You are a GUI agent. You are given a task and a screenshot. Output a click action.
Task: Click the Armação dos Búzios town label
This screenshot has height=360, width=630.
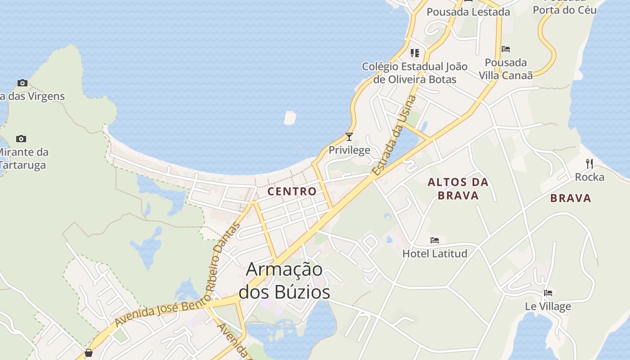[x=284, y=280]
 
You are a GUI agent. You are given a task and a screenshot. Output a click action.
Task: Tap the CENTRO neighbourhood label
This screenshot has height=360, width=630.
[x=292, y=191]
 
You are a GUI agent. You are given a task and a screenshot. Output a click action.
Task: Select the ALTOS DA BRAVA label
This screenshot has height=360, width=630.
[x=458, y=189]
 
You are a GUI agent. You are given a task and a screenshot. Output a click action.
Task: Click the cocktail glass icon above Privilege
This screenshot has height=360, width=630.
[x=349, y=136]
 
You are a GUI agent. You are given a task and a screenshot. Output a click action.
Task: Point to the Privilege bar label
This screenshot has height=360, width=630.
[x=349, y=150]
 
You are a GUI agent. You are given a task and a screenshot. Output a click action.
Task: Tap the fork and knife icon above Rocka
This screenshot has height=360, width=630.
[x=589, y=164]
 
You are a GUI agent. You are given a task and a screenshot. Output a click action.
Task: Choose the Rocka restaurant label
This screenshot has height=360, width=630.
[x=589, y=177]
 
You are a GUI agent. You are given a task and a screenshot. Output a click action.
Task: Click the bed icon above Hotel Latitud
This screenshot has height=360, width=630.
[x=435, y=240]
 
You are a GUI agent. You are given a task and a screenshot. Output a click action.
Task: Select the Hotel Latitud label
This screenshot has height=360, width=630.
[x=435, y=253]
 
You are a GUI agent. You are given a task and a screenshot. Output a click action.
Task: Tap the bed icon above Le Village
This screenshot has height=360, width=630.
[x=548, y=293]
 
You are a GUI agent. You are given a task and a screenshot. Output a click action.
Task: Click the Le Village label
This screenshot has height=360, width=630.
[x=548, y=306]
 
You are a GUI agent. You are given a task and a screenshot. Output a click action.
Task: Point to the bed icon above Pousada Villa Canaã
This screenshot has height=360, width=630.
[x=506, y=49]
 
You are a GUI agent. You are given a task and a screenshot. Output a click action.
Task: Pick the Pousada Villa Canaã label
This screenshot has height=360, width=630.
[x=506, y=69]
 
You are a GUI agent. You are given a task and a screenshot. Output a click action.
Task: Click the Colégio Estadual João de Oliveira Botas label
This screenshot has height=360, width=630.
[x=415, y=73]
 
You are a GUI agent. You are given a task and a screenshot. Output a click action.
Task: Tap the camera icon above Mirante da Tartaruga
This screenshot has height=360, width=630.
[x=21, y=139]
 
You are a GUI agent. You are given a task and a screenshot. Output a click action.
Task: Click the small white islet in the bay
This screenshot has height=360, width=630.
[x=290, y=117]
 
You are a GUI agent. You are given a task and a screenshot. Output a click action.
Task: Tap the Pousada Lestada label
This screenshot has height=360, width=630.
[x=468, y=12]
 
